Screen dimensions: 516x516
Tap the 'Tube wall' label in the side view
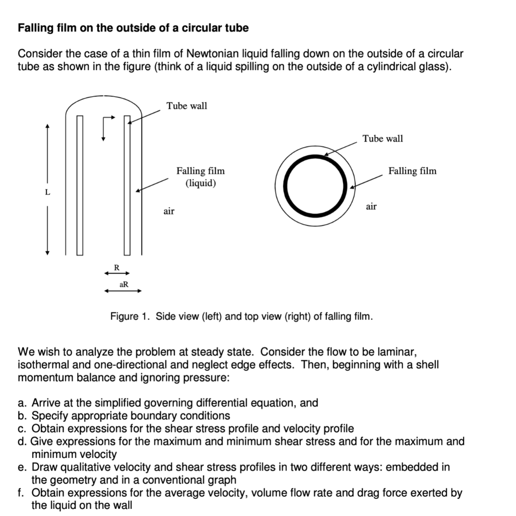[x=186, y=106]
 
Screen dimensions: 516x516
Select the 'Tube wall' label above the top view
[x=382, y=139]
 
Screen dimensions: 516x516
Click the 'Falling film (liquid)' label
[x=201, y=177]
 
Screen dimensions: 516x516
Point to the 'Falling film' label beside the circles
[x=412, y=171]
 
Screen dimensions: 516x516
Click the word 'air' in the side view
[x=169, y=211]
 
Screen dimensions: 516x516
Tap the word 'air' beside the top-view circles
[x=371, y=206]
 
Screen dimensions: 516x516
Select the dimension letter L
[x=47, y=192]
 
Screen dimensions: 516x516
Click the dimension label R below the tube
[x=116, y=268]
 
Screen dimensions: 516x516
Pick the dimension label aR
[x=123, y=285]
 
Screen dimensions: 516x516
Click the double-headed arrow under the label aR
[x=123, y=291]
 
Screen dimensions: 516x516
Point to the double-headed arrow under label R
[x=113, y=273]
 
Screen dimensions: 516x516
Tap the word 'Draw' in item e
[x=43, y=467]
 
